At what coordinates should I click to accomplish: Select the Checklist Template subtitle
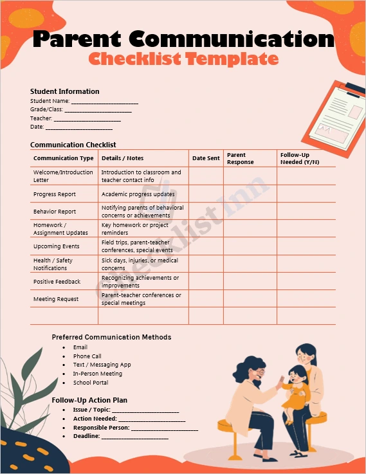[x=183, y=59]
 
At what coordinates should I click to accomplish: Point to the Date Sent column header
[x=206, y=158]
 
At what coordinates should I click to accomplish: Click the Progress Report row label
[x=55, y=194]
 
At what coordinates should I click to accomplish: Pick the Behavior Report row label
[x=55, y=212]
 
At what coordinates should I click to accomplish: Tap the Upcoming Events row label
[x=57, y=246]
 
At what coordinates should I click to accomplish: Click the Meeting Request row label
[x=56, y=299]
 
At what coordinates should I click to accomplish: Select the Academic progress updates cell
[x=138, y=194]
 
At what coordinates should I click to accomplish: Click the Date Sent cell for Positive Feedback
[x=206, y=282]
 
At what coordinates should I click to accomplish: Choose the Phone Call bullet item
[x=87, y=356]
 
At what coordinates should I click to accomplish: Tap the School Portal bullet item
[x=91, y=383]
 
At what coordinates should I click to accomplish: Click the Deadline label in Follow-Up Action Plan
[x=86, y=436]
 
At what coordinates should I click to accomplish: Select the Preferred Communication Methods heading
[x=111, y=337]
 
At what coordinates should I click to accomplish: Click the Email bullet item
[x=80, y=347]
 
